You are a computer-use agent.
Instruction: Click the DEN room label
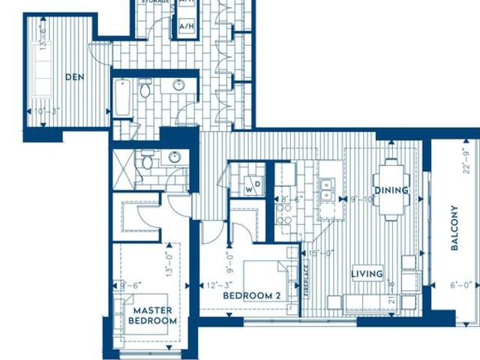(x=73, y=76)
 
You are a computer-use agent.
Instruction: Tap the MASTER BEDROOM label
(x=153, y=315)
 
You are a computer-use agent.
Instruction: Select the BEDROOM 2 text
(x=252, y=296)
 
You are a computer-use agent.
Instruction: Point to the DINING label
(x=391, y=190)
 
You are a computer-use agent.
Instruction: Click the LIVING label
(x=367, y=274)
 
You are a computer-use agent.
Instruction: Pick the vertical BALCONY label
(x=454, y=229)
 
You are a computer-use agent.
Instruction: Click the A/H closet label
(x=186, y=26)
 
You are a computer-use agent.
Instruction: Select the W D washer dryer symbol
(x=252, y=185)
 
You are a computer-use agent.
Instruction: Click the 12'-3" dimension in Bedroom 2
(x=218, y=285)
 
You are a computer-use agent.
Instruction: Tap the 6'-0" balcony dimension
(x=461, y=285)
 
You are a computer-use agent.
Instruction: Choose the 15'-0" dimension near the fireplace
(x=319, y=253)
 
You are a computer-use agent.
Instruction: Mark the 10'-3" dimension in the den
(x=47, y=112)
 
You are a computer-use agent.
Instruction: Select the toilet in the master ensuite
(x=148, y=160)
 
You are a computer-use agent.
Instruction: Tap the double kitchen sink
(x=326, y=190)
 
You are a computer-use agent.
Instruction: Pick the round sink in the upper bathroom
(x=179, y=85)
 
